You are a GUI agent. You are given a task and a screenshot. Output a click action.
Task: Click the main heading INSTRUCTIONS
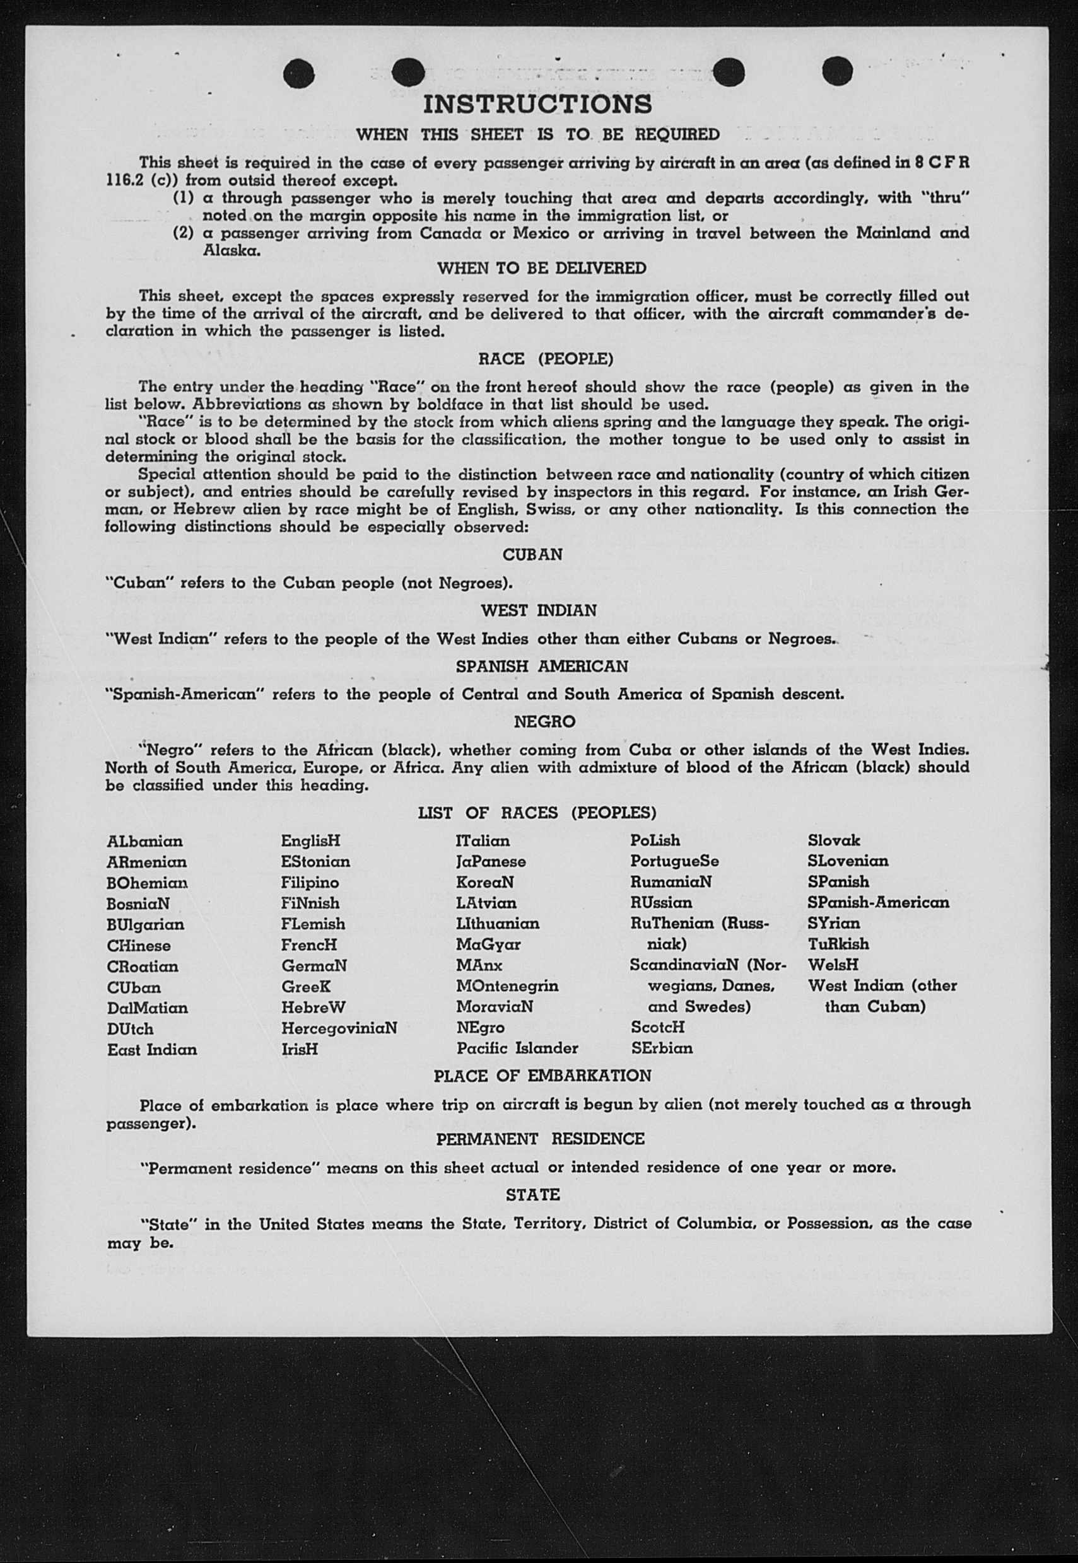click(537, 105)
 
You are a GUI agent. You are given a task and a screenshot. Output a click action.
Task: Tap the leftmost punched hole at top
click(299, 73)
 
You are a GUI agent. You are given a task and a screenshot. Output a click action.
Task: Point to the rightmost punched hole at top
click(838, 71)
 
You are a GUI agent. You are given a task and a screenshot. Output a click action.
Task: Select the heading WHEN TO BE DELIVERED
click(542, 268)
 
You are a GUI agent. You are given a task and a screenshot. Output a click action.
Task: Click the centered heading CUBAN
click(532, 554)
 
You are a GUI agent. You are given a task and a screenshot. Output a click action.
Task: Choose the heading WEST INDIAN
click(538, 610)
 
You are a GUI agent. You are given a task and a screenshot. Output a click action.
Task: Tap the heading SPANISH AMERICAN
click(542, 666)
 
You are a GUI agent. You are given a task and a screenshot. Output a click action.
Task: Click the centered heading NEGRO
click(544, 722)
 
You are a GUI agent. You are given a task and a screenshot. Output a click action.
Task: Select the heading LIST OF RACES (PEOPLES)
click(537, 813)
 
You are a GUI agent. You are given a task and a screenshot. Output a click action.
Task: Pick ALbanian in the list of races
click(144, 842)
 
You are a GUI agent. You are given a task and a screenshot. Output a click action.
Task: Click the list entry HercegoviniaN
click(339, 1028)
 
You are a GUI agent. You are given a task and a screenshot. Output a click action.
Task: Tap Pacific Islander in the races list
click(517, 1049)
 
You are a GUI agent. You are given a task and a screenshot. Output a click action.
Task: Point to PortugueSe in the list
click(674, 861)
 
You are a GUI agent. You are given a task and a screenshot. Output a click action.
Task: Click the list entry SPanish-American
click(878, 903)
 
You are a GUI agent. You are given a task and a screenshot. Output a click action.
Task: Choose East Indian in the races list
click(152, 1050)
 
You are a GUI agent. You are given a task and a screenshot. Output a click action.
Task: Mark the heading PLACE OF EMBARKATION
click(542, 1076)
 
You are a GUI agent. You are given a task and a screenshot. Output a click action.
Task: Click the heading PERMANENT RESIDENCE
click(541, 1139)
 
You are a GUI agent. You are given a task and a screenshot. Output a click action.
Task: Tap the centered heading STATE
click(533, 1194)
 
